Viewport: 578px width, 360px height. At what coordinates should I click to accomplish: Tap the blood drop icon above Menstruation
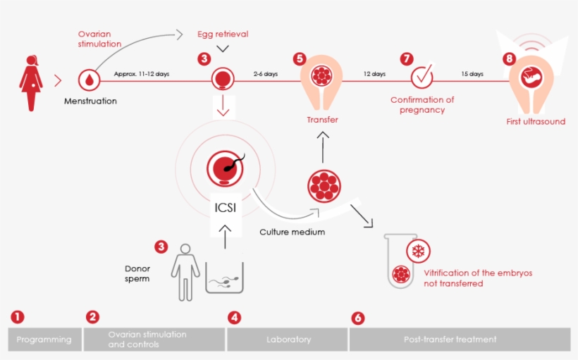tap(90, 80)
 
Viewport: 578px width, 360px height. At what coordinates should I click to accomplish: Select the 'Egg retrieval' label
tap(223, 34)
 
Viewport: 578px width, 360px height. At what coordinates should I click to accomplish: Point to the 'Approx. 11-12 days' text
tap(142, 73)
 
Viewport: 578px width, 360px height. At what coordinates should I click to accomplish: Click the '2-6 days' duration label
tap(266, 73)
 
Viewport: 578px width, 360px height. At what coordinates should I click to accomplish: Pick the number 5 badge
tap(300, 59)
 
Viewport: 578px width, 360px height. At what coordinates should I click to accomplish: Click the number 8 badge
tap(509, 59)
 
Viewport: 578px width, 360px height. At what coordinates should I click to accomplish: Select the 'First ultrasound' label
tap(536, 122)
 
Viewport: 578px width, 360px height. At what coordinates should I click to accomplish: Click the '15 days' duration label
tap(472, 73)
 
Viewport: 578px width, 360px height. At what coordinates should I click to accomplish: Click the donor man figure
tap(185, 271)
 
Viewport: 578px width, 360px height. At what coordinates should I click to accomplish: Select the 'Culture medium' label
tap(292, 232)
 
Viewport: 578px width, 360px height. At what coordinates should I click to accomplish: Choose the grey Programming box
tap(44, 339)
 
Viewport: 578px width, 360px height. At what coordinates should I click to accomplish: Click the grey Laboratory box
tap(288, 339)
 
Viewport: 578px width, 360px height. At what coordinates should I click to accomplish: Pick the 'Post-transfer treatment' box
tap(460, 339)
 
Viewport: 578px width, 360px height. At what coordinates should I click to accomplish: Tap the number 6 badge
tap(358, 318)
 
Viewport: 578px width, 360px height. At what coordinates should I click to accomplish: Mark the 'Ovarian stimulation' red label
tap(99, 38)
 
